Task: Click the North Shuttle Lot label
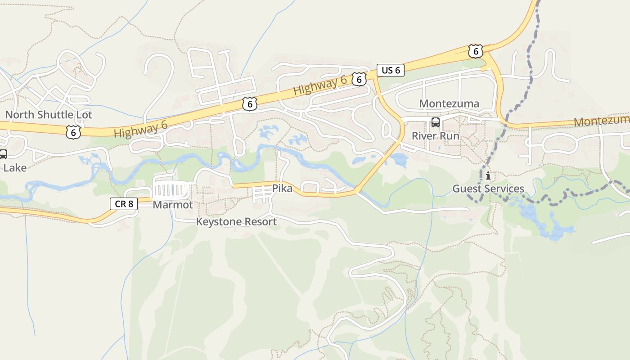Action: coord(49,115)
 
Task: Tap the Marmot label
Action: coord(173,205)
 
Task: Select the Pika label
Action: coord(282,189)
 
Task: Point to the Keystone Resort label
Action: coord(236,221)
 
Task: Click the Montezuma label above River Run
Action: coord(449,103)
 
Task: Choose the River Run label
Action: coord(436,136)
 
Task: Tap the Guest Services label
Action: coord(488,189)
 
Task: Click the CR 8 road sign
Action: coord(124,204)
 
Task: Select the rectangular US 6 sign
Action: coord(390,70)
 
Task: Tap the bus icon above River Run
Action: coord(436,122)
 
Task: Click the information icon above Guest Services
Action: coord(488,175)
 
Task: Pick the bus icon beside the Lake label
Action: coord(3,154)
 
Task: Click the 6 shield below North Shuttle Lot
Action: coord(73,131)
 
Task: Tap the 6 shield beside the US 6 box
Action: coord(358,80)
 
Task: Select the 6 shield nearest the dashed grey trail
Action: coord(475,51)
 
